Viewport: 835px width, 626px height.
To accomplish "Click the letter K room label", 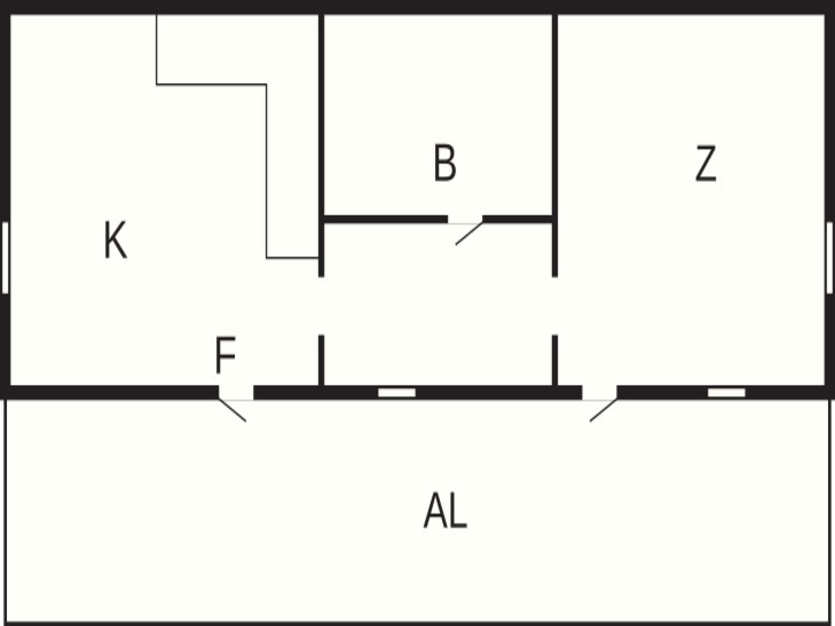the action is point(116,240).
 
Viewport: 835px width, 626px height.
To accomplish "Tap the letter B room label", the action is point(445,163).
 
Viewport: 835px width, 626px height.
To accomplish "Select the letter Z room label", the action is point(705,163).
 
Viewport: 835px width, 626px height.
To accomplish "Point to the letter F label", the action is point(225,355).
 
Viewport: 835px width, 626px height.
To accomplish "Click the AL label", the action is point(445,510).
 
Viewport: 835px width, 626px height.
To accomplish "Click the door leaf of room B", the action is point(469,234).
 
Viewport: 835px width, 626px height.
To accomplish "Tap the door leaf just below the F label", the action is point(232,410).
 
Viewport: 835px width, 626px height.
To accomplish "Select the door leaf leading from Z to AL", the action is point(603,410).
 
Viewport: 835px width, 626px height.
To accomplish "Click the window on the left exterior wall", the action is point(5,258).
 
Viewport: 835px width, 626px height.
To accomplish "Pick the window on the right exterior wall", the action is point(829,258).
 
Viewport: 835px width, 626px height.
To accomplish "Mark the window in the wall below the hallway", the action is point(397,393).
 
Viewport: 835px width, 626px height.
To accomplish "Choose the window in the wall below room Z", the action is point(726,393).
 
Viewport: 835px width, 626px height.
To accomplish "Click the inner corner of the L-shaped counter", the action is point(266,84).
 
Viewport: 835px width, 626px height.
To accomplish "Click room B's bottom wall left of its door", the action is point(386,219).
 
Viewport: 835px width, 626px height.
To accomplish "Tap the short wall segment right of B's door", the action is point(517,219).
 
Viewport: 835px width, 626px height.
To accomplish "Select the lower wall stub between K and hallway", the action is point(321,360).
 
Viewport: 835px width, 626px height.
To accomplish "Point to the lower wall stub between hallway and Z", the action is point(555,360).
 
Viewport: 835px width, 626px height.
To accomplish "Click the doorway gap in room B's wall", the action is point(465,220).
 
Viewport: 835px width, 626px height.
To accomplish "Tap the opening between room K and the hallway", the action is point(321,306).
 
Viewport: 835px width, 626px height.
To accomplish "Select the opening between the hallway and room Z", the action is point(555,306).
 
